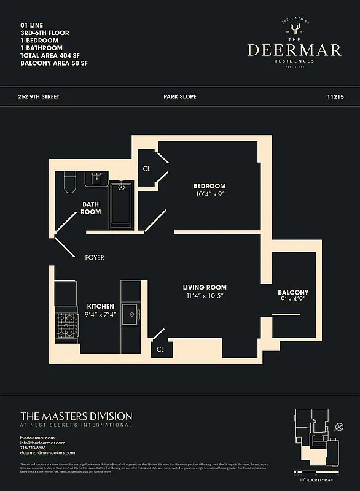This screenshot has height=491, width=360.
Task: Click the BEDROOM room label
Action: pos(209,186)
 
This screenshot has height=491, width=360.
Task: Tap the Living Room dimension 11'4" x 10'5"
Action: pos(205,296)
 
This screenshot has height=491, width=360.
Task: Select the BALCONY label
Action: pos(293,292)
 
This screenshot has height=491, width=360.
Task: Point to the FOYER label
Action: pos(95,258)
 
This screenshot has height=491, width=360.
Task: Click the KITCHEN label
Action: pos(100,306)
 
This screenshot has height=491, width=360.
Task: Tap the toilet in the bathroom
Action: pos(69,182)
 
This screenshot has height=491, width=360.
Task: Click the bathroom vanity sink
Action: pos(97,178)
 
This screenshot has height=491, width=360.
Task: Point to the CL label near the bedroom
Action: pos(147,168)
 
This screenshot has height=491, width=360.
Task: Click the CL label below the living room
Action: pos(160,349)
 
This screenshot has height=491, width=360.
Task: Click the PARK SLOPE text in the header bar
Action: pos(179,97)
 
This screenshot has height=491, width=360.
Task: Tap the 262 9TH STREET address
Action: pos(40,97)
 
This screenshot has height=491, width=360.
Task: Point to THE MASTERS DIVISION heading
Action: pos(76,416)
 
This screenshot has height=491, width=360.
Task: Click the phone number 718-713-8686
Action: pos(37,447)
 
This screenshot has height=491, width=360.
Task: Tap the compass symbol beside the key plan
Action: pos(340,427)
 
